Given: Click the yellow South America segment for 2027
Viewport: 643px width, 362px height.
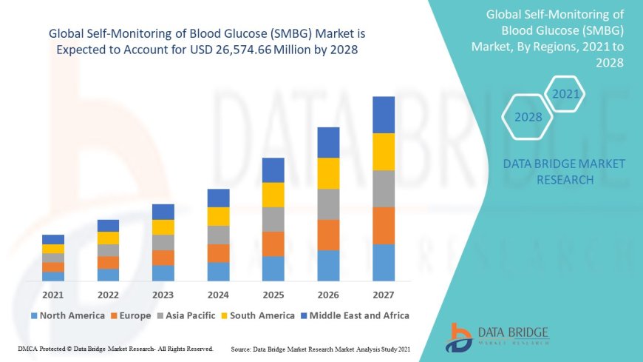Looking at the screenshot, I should tap(384, 152).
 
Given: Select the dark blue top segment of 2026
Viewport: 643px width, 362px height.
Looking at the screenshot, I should tap(328, 142).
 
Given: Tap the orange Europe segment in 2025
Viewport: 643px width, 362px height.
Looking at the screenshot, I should tap(273, 244).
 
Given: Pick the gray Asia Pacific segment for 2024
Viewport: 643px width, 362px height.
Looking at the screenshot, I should tap(218, 235).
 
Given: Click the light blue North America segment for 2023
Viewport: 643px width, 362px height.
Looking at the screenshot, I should tap(163, 273).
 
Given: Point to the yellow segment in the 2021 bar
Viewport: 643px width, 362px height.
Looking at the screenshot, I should tap(53, 249).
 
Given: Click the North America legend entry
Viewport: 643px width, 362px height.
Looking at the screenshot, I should tap(67, 315).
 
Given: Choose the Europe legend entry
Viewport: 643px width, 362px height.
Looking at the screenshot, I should tap(130, 315).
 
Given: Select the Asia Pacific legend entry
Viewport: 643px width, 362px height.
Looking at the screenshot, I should tap(186, 315).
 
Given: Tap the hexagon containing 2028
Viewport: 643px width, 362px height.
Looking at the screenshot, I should tap(528, 117).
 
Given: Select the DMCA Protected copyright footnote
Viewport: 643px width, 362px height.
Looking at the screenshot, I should tap(115, 348).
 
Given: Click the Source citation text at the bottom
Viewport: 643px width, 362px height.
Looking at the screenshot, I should tap(321, 348).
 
